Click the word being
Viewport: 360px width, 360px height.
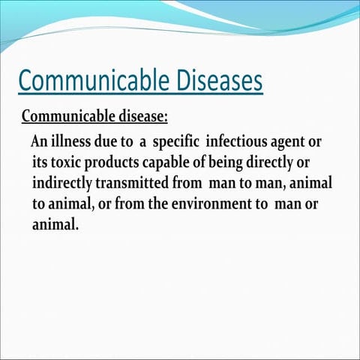pyautogui.click(x=238, y=163)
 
